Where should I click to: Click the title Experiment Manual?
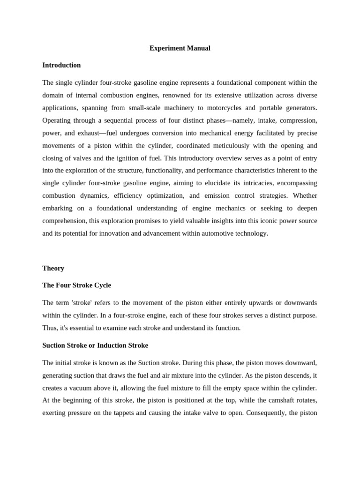180,48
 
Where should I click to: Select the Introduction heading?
61,65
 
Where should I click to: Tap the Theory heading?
53,268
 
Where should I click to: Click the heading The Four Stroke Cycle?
76,285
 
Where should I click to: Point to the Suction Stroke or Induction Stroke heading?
95,345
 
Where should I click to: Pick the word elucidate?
225,183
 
